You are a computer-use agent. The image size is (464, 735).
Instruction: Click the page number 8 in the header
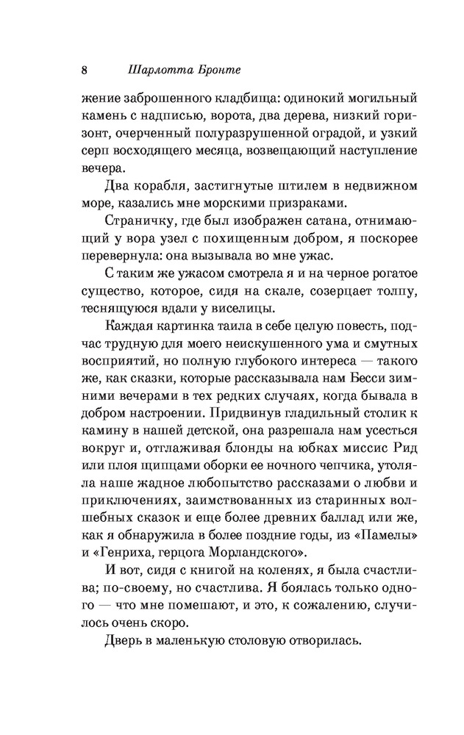tap(85, 71)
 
